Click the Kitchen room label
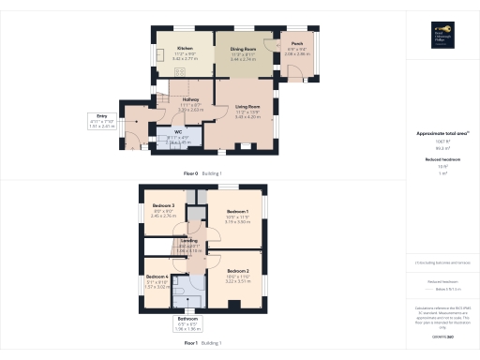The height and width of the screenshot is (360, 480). [x=186, y=48]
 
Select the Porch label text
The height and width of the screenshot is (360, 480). [x=296, y=43]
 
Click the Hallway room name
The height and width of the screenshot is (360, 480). [x=191, y=98]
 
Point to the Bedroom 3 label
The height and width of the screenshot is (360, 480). [x=164, y=205]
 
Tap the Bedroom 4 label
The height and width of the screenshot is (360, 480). [x=157, y=277]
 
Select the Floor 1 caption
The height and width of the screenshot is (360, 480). [x=189, y=343]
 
